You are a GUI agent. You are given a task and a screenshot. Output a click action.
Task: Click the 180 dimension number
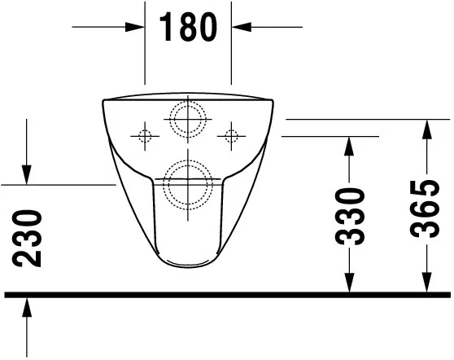(189, 28)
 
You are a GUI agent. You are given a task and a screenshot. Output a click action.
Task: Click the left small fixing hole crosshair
(146, 134)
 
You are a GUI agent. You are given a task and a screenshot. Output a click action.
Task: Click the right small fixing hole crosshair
(232, 134)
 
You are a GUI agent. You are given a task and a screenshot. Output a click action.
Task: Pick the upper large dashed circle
(188, 118)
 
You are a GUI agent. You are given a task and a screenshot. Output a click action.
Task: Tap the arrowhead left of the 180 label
(138, 28)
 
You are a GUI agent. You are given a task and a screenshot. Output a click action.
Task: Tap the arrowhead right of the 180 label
(240, 28)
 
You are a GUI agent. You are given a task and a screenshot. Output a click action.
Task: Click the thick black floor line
(228, 294)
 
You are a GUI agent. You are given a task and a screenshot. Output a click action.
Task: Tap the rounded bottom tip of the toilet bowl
(188, 266)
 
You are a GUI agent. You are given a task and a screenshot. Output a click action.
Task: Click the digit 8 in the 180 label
(189, 28)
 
